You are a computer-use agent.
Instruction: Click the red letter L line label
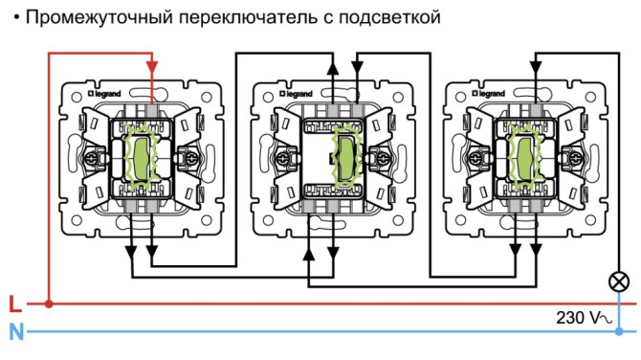tap(14, 304)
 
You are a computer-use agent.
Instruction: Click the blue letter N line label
tap(16, 332)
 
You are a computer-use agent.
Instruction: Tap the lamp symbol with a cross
tap(619, 281)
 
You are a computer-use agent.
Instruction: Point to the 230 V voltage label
tap(584, 318)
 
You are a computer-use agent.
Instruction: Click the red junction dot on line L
tap(49, 304)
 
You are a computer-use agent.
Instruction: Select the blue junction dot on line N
tap(619, 331)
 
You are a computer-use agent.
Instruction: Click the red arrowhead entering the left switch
tap(152, 67)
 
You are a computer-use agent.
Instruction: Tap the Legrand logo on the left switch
tap(104, 94)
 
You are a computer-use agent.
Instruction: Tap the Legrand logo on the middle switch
tap(296, 94)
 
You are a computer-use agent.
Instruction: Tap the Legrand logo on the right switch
tap(488, 94)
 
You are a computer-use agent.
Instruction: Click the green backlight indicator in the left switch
tap(142, 158)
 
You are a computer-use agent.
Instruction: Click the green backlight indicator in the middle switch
tap(345, 158)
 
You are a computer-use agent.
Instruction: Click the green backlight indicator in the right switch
tap(525, 157)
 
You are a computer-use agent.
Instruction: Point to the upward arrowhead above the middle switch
tap(333, 68)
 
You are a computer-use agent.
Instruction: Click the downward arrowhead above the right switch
tap(536, 67)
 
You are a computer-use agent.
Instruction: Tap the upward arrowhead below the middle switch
tap(309, 255)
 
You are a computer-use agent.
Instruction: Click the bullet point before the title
tap(16, 17)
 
